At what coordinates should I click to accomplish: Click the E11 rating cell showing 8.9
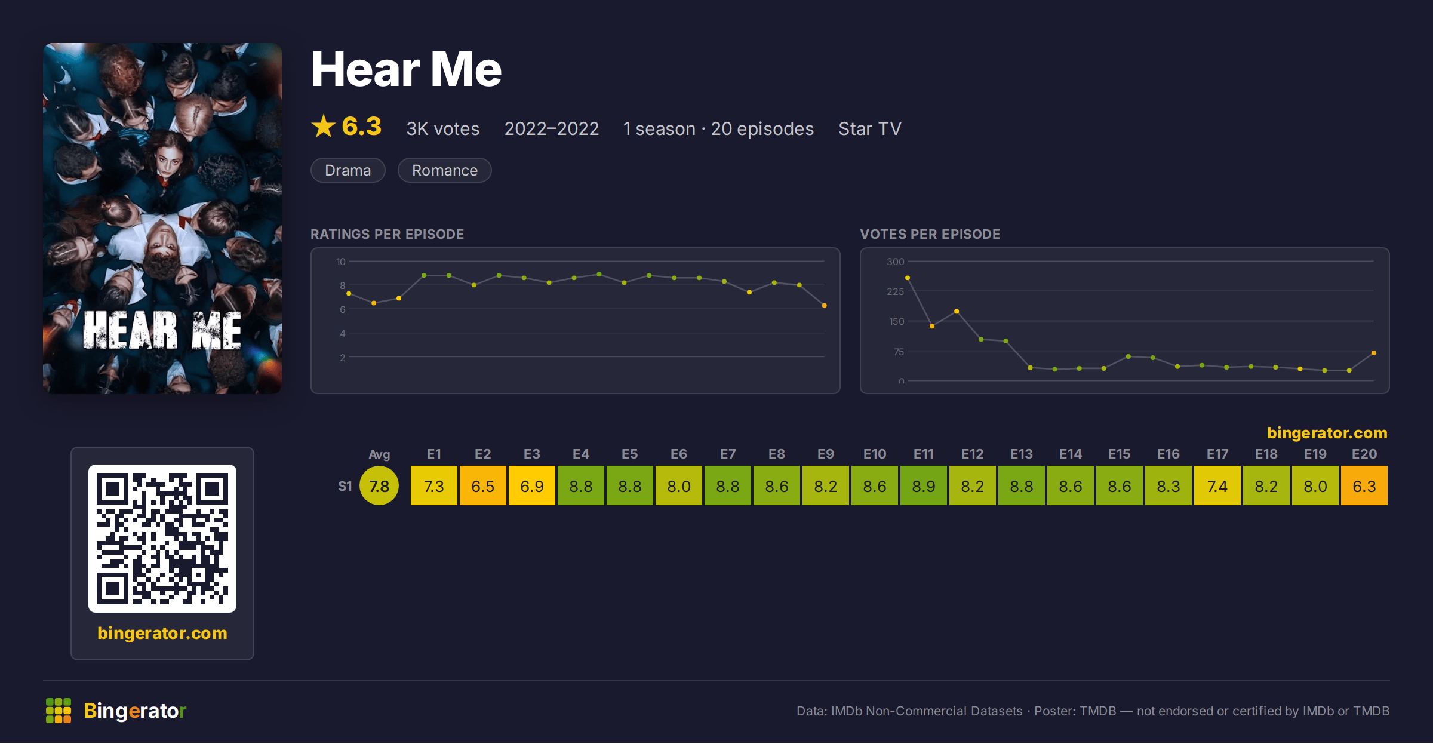(x=924, y=486)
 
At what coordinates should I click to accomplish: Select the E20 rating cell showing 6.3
(x=1364, y=486)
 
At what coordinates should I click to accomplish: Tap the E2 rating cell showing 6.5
(x=483, y=486)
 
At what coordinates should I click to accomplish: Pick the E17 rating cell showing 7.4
(x=1217, y=486)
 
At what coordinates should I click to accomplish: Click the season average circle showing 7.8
(x=379, y=486)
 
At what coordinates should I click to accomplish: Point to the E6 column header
(x=679, y=454)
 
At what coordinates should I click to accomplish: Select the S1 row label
(x=345, y=487)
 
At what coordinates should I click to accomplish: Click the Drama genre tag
(x=348, y=170)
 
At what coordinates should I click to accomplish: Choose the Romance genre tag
(x=445, y=170)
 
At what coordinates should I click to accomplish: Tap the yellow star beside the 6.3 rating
(x=324, y=126)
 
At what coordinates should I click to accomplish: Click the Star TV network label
(x=870, y=128)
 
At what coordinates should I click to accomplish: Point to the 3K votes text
(x=443, y=128)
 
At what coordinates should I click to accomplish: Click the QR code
(x=162, y=539)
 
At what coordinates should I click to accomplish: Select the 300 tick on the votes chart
(x=896, y=262)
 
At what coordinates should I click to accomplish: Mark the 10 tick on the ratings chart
(x=341, y=262)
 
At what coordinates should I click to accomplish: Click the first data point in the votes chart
(x=908, y=278)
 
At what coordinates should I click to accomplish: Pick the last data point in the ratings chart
(x=825, y=305)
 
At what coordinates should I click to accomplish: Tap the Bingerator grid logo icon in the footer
(x=59, y=711)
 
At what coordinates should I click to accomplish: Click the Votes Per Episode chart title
(x=930, y=234)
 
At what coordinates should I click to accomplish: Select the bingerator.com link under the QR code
(x=162, y=633)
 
